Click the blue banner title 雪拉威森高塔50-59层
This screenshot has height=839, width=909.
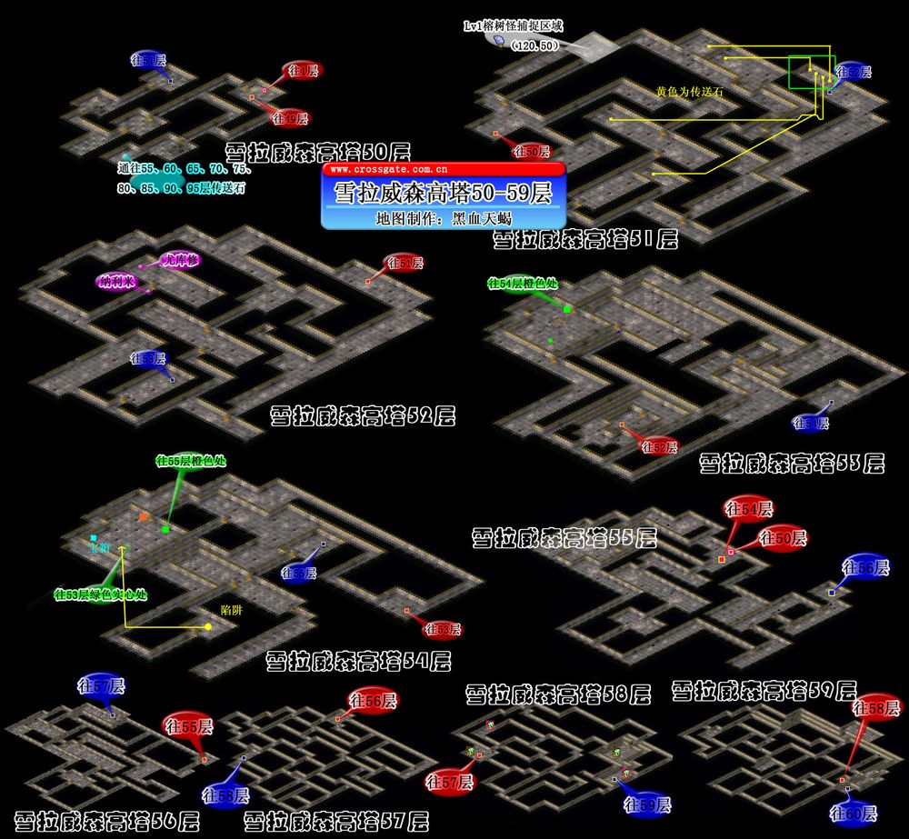coord(444,194)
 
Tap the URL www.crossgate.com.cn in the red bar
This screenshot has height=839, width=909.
coord(382,169)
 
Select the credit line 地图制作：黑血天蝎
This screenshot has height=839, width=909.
coord(444,219)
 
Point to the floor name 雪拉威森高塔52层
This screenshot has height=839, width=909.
coord(363,417)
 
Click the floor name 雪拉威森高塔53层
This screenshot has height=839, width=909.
coord(792,464)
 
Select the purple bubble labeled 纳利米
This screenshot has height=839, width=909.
coord(116,281)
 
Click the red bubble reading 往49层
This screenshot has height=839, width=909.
coord(291,119)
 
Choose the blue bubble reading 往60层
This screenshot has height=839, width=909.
coord(853,812)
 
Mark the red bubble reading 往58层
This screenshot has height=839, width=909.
coord(877,707)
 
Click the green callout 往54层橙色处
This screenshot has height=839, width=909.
coord(523,284)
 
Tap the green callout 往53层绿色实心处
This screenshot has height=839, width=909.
coord(101,595)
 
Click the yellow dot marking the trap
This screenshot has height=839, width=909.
coord(208,626)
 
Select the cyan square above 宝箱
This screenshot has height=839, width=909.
coord(93,538)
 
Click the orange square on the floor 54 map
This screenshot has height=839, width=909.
coord(143,516)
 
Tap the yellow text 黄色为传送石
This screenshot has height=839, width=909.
coord(689,91)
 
